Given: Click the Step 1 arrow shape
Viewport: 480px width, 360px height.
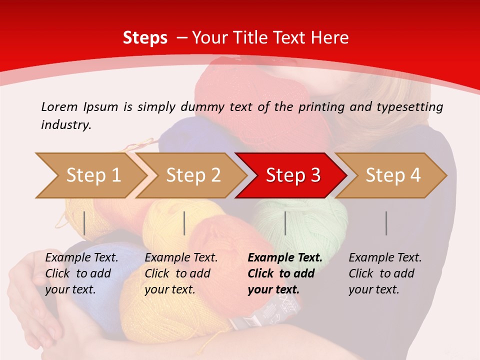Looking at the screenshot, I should coord(90,175).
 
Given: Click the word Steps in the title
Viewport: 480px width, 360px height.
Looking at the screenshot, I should coord(145,38).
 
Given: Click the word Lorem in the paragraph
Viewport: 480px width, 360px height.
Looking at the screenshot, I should coord(59,106).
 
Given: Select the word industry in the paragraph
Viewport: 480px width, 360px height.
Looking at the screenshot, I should coord(65,124).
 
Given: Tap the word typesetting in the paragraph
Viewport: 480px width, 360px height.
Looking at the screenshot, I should coord(409,107).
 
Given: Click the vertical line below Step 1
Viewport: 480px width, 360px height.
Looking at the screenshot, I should coord(84,223).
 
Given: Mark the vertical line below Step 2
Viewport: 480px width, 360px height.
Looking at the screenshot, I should coord(184,223).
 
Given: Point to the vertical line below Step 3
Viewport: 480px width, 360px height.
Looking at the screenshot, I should coord(285,223).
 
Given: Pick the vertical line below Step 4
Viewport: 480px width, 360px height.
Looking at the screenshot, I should coord(386,223).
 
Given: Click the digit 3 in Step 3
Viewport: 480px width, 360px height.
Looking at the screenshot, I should coord(315,175).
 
